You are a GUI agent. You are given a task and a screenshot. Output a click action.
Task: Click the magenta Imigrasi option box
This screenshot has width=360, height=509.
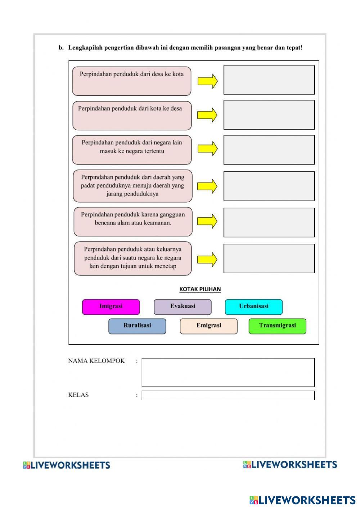(111, 307)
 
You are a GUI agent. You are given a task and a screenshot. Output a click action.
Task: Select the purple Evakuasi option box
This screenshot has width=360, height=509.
(183, 307)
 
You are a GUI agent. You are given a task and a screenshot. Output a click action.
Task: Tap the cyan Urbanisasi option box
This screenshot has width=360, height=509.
(254, 307)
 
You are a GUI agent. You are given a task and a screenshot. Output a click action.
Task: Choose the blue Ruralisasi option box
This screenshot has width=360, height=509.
(137, 326)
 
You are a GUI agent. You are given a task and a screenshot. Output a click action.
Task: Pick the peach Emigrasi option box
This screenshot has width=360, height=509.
(209, 326)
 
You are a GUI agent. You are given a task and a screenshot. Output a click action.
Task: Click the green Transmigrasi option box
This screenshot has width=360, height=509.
(277, 326)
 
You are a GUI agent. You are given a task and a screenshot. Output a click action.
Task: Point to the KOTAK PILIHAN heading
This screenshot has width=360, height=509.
(200, 289)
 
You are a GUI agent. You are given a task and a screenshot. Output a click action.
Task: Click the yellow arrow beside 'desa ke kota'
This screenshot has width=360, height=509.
(208, 81)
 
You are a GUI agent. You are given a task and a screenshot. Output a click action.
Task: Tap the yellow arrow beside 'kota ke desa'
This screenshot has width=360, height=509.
(207, 115)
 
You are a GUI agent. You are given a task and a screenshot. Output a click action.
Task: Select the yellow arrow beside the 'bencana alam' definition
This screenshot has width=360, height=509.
(207, 221)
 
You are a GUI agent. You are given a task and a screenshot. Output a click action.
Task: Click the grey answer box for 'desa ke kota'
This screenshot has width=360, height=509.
(269, 80)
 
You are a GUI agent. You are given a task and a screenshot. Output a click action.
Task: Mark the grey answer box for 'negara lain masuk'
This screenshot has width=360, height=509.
(269, 150)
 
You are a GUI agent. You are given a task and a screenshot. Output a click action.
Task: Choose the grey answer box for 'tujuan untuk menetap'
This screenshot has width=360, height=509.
(269, 258)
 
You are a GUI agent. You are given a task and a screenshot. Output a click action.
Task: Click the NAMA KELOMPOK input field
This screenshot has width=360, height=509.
(228, 372)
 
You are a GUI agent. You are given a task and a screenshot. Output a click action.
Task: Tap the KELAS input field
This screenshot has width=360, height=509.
(228, 395)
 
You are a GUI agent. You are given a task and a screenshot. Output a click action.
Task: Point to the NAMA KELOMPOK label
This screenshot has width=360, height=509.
(96, 361)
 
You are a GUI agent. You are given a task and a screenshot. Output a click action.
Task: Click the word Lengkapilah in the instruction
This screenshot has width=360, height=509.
(85, 48)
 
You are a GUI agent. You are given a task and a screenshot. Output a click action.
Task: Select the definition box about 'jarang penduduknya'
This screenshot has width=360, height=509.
(132, 186)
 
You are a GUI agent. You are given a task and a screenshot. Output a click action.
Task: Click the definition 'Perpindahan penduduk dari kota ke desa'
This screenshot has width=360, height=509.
(132, 116)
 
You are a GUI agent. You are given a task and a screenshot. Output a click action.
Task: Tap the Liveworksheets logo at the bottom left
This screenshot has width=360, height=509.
(67, 465)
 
